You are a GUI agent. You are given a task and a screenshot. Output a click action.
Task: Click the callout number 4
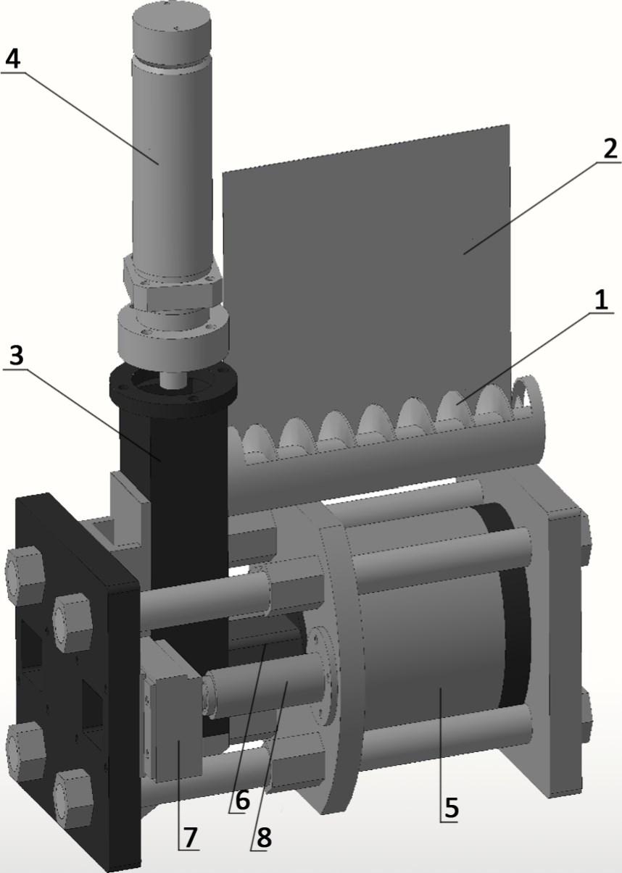click(13, 59)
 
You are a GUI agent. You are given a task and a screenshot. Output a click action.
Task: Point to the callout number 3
click(17, 356)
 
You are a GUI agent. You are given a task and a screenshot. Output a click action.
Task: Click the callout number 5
click(451, 809)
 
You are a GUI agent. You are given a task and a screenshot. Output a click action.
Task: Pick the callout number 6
click(242, 800)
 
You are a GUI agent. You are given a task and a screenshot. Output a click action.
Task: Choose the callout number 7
click(190, 835)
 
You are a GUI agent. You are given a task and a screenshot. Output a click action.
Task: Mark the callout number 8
click(264, 835)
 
